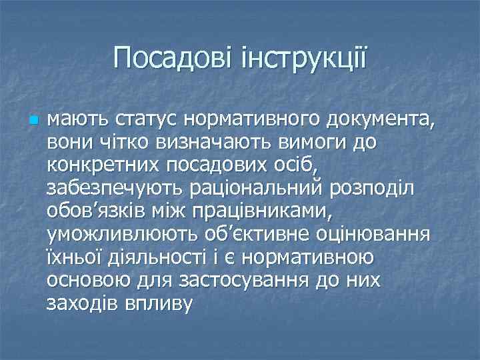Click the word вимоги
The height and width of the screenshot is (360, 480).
[x=301, y=143]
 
